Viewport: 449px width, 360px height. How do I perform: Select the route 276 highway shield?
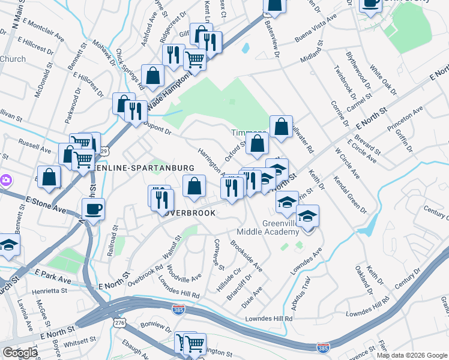click(x=119, y=323)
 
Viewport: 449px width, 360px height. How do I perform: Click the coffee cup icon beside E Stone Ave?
click(x=93, y=210)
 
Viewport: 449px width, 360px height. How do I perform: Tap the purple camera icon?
click(x=5, y=179)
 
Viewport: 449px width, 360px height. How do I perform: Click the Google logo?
click(x=19, y=353)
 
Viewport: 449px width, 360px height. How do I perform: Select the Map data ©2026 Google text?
click(x=412, y=355)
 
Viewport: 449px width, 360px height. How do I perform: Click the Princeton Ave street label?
click(x=406, y=119)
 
